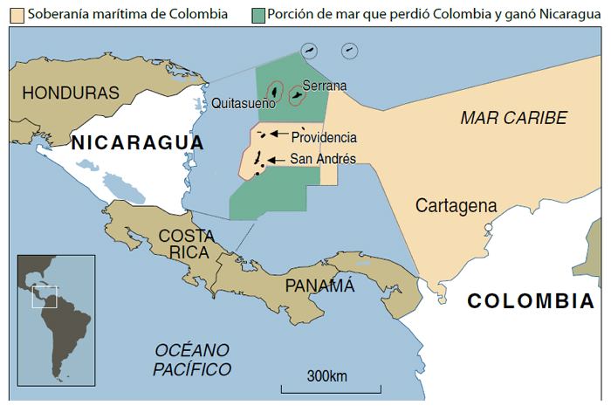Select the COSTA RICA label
tap(184, 244)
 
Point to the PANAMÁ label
tap(319, 286)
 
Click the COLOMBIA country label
tap(531, 301)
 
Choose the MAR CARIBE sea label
tap(513, 118)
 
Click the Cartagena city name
tap(456, 206)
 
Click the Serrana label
tap(324, 86)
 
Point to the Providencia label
tap(324, 138)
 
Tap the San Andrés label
tap(322, 159)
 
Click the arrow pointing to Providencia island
tap(278, 134)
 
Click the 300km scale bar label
tap(327, 376)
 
